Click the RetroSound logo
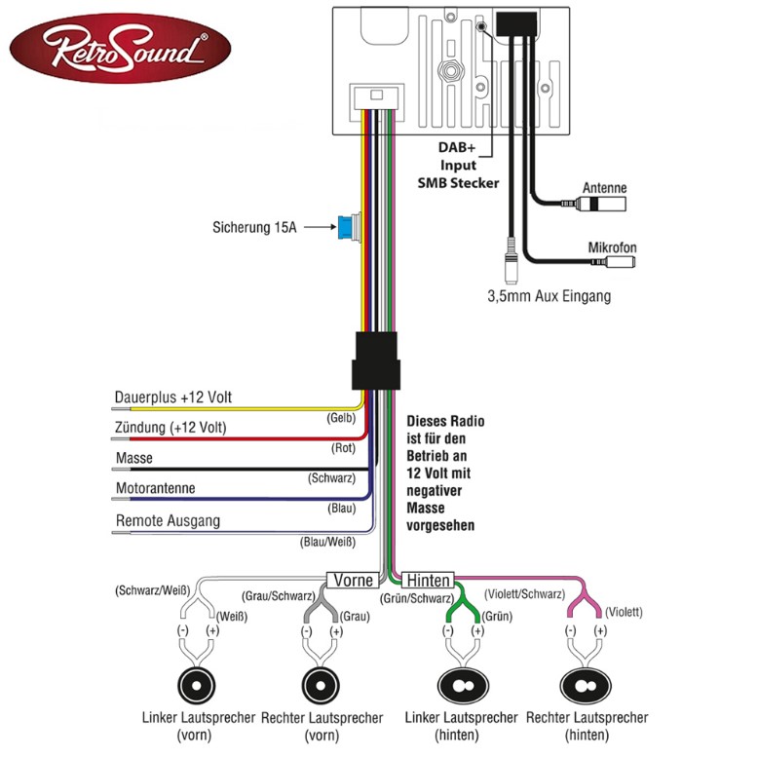[121, 49]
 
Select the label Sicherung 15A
[254, 227]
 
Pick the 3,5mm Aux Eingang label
[550, 296]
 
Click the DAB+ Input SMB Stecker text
[458, 165]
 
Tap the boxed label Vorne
[354, 580]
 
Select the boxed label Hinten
[428, 580]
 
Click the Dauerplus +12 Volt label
[173, 397]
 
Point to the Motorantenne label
[155, 488]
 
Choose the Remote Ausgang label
[168, 520]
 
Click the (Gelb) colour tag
[341, 418]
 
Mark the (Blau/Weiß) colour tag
[327, 542]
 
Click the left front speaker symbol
[196, 686]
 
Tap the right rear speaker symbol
[586, 686]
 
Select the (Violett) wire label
[625, 612]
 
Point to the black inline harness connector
[376, 360]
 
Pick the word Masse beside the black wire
[133, 458]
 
